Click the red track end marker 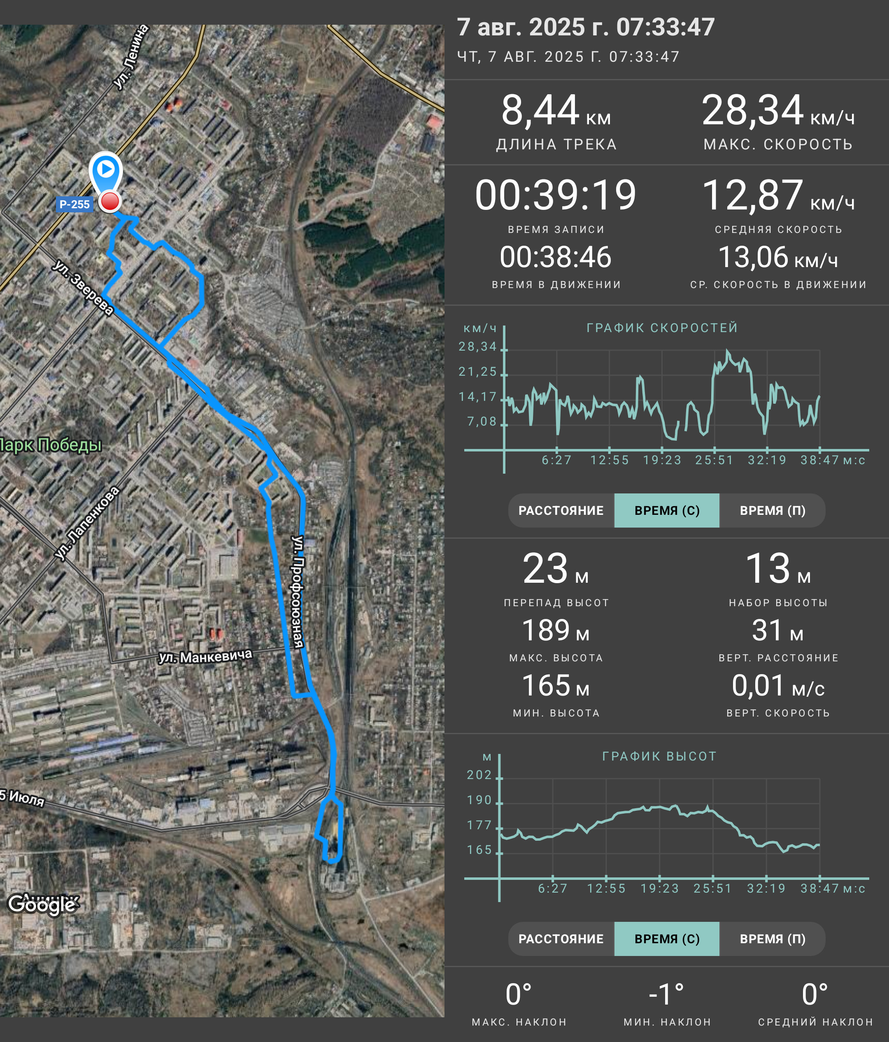[109, 201]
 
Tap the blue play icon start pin [106, 171]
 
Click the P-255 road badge [74, 204]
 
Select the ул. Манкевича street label [205, 656]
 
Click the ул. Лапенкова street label [87, 523]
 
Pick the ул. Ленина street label [131, 57]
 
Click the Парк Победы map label [50, 444]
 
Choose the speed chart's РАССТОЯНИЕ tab [561, 510]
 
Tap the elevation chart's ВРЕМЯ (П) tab [773, 939]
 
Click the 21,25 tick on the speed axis [478, 372]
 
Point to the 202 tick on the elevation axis [479, 775]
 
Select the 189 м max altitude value [556, 630]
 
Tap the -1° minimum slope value [667, 994]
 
